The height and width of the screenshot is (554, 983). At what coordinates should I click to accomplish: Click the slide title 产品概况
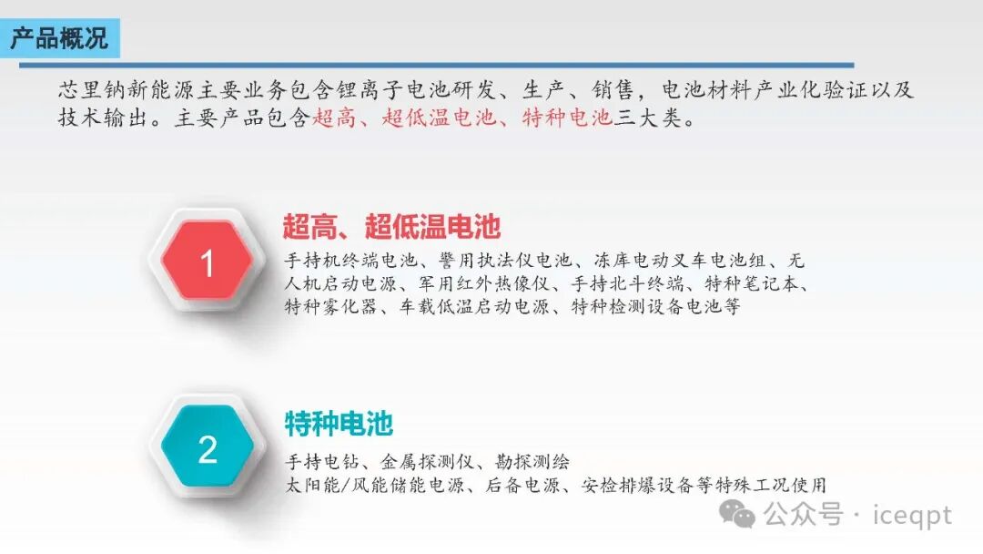pos(59,39)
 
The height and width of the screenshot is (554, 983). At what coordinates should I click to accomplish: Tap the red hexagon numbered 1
pos(207,263)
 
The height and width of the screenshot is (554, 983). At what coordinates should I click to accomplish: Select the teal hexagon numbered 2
pos(208,449)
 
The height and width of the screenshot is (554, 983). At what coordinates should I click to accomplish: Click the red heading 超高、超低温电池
pos(392,226)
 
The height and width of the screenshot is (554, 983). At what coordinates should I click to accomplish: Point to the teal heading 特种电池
pos(339,424)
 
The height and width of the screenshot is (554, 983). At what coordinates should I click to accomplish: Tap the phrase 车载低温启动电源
pos(473,306)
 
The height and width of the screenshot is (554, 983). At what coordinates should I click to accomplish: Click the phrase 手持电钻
pos(319,462)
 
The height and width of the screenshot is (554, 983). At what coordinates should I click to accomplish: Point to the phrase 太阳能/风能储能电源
pos(373,485)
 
